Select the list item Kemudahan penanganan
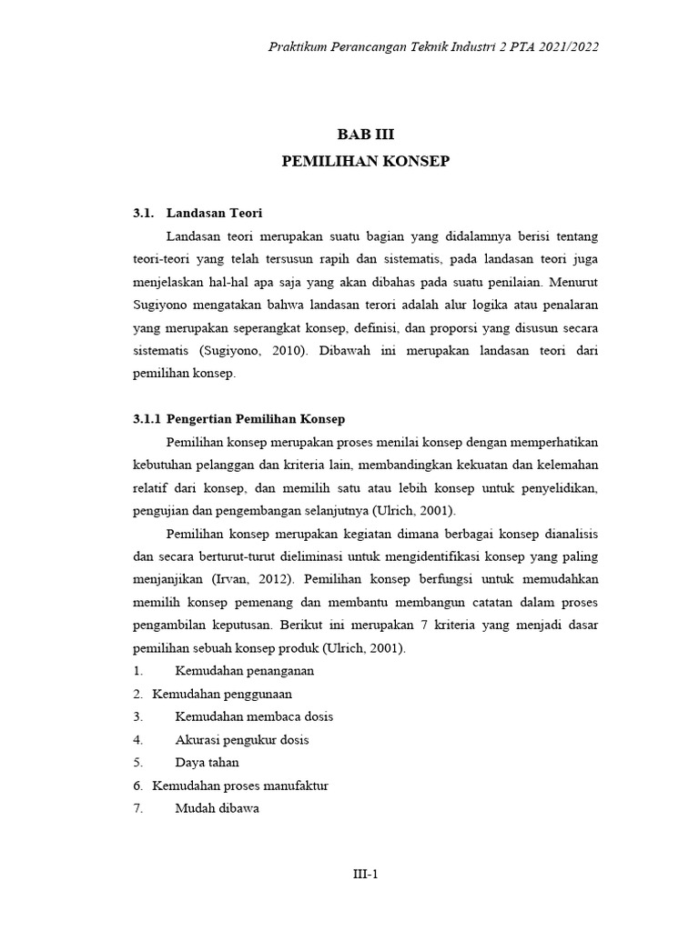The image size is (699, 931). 244,670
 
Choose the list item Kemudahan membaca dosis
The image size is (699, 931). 254,716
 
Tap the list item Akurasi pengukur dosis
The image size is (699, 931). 247,738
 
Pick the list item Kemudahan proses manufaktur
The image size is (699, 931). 240,785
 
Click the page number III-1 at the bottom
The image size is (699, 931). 365,875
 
